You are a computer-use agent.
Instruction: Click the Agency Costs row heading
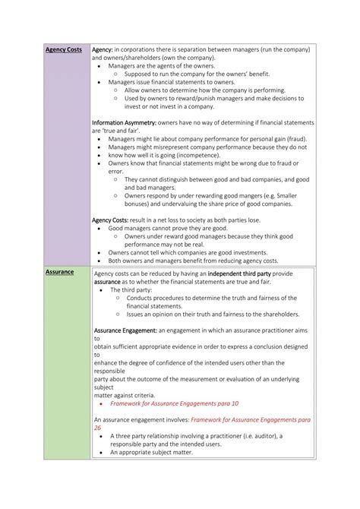point(63,49)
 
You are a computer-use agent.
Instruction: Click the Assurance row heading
point(59,271)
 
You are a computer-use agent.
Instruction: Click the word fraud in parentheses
point(295,140)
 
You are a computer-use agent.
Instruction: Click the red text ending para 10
point(174,403)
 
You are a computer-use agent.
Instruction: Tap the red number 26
point(97,428)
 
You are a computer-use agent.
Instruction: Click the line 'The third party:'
point(130,289)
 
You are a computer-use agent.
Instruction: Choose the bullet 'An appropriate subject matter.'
point(150,452)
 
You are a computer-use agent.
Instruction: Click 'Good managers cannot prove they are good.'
point(167,228)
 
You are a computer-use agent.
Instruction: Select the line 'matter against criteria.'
point(124,395)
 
